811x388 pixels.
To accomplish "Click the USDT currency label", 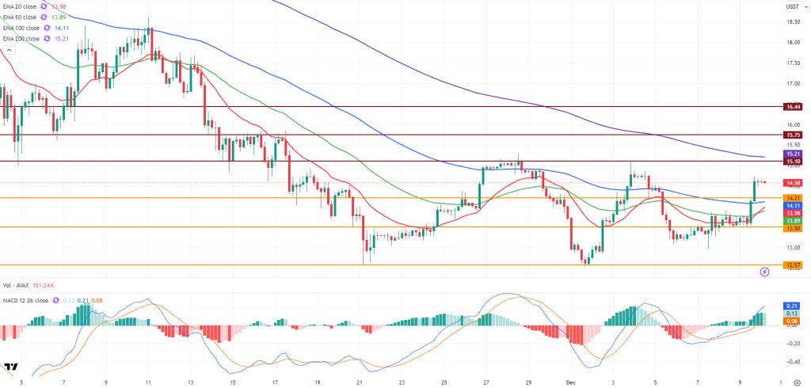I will (792, 7).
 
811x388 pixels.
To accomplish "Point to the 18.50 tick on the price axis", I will (793, 21).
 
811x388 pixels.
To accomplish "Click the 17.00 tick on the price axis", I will (793, 83).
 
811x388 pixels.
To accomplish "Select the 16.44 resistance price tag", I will (793, 106).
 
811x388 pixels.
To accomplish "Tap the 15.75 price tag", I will (793, 135).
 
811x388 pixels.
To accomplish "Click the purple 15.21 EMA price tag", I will (793, 154).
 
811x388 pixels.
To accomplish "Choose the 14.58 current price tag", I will (793, 183).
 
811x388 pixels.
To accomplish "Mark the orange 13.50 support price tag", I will (793, 228).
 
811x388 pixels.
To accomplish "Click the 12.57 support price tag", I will (793, 265).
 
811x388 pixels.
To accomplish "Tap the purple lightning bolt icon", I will (764, 272).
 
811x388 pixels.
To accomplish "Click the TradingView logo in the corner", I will (11, 367).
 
